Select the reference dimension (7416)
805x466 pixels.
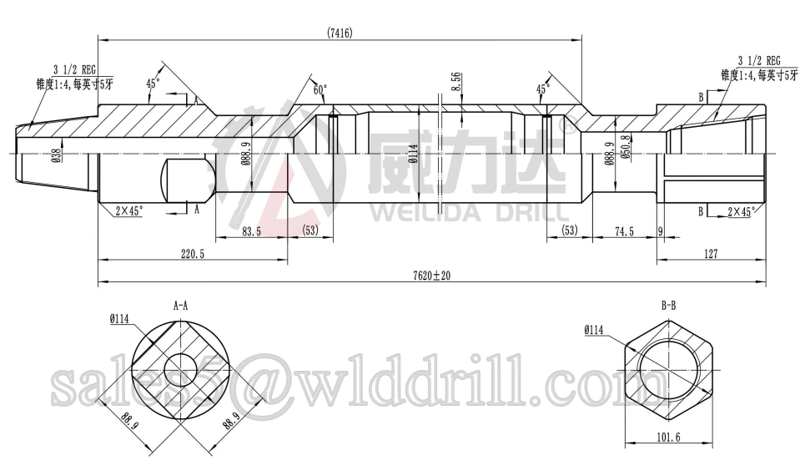pyautogui.click(x=340, y=33)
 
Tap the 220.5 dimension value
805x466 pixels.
pyautogui.click(x=192, y=254)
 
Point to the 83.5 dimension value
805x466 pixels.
pyautogui.click(x=252, y=231)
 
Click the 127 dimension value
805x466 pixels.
pyautogui.click(x=710, y=254)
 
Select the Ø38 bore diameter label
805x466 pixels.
pyautogui.click(x=56, y=155)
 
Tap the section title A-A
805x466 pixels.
pyautogui.click(x=180, y=306)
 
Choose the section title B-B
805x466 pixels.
pyautogui.click(x=668, y=306)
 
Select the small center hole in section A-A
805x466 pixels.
pyautogui.click(x=180, y=367)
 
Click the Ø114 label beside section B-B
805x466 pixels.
pyautogui.click(x=593, y=331)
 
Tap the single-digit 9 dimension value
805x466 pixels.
pyautogui.click(x=660, y=231)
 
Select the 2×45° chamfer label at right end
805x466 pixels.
pyautogui.click(x=742, y=212)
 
